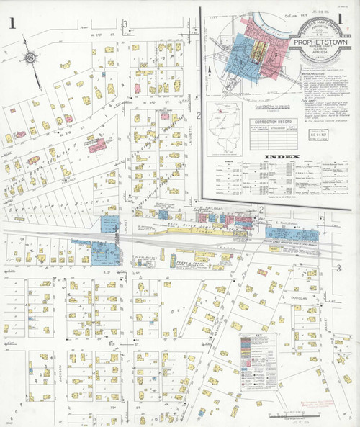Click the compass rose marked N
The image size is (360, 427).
pos(30,58)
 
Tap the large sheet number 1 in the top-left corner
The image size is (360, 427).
pos(12,24)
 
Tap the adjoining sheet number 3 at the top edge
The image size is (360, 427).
pos(125,27)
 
